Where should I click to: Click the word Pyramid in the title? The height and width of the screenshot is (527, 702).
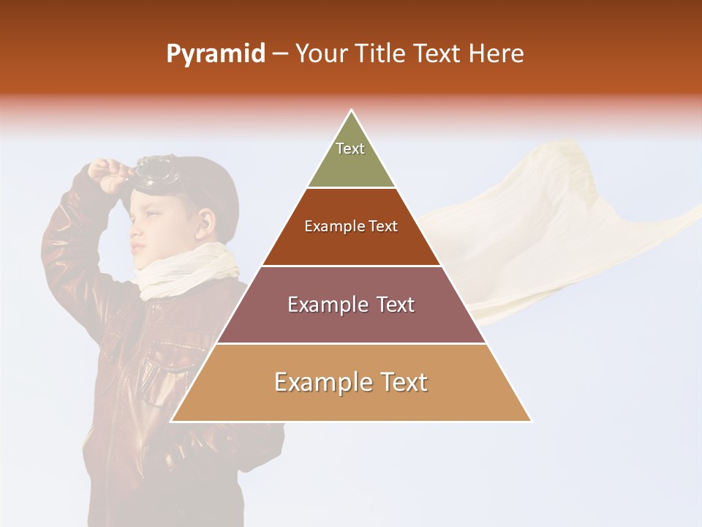click(x=215, y=54)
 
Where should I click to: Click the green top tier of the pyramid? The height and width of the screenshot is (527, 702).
click(x=351, y=157)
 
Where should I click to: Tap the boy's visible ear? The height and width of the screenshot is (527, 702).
click(x=205, y=220)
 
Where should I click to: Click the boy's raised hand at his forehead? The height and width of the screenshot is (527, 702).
click(x=107, y=174)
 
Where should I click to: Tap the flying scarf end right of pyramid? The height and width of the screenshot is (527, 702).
click(x=556, y=220)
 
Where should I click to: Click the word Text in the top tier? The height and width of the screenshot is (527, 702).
click(x=350, y=149)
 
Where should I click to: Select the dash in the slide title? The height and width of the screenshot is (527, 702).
click(x=280, y=54)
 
